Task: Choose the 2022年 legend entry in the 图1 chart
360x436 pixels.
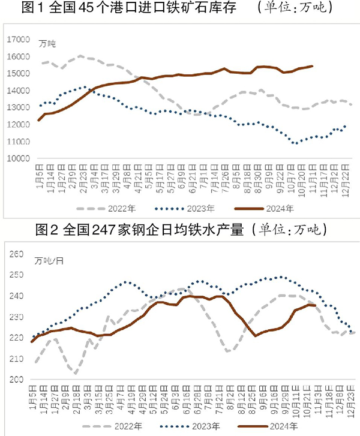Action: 118,209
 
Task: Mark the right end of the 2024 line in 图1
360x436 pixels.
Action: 313,66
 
